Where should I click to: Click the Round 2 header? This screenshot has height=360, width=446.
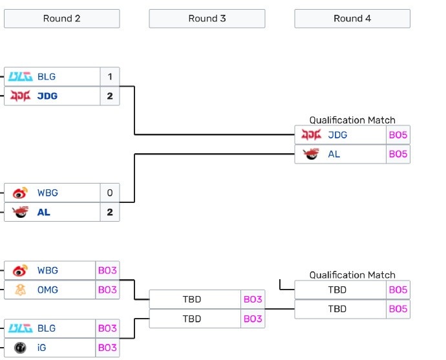tap(61, 18)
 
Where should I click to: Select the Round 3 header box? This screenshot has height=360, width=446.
tap(207, 18)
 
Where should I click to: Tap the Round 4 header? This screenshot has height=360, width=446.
tap(352, 18)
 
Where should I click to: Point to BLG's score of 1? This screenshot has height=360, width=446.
tap(110, 76)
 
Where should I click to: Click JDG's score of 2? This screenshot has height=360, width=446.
tap(110, 96)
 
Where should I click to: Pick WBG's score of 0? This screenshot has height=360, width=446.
tap(110, 193)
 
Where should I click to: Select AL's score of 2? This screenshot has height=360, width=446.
tap(110, 212)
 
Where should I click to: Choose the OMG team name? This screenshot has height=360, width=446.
tap(47, 290)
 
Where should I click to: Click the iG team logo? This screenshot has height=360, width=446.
tap(20, 348)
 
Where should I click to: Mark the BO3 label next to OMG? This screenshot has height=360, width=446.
tap(107, 290)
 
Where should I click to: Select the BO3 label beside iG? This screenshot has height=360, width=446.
tap(107, 348)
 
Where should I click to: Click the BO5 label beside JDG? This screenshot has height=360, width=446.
tap(398, 134)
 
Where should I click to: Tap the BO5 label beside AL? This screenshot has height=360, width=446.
tap(398, 154)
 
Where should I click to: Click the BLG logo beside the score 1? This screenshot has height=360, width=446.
tap(20, 76)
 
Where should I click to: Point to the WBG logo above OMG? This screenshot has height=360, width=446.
tap(20, 270)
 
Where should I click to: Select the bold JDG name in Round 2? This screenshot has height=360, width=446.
tap(47, 96)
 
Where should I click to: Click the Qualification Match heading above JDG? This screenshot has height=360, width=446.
tap(352, 120)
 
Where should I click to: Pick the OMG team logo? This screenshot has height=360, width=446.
tap(20, 290)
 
